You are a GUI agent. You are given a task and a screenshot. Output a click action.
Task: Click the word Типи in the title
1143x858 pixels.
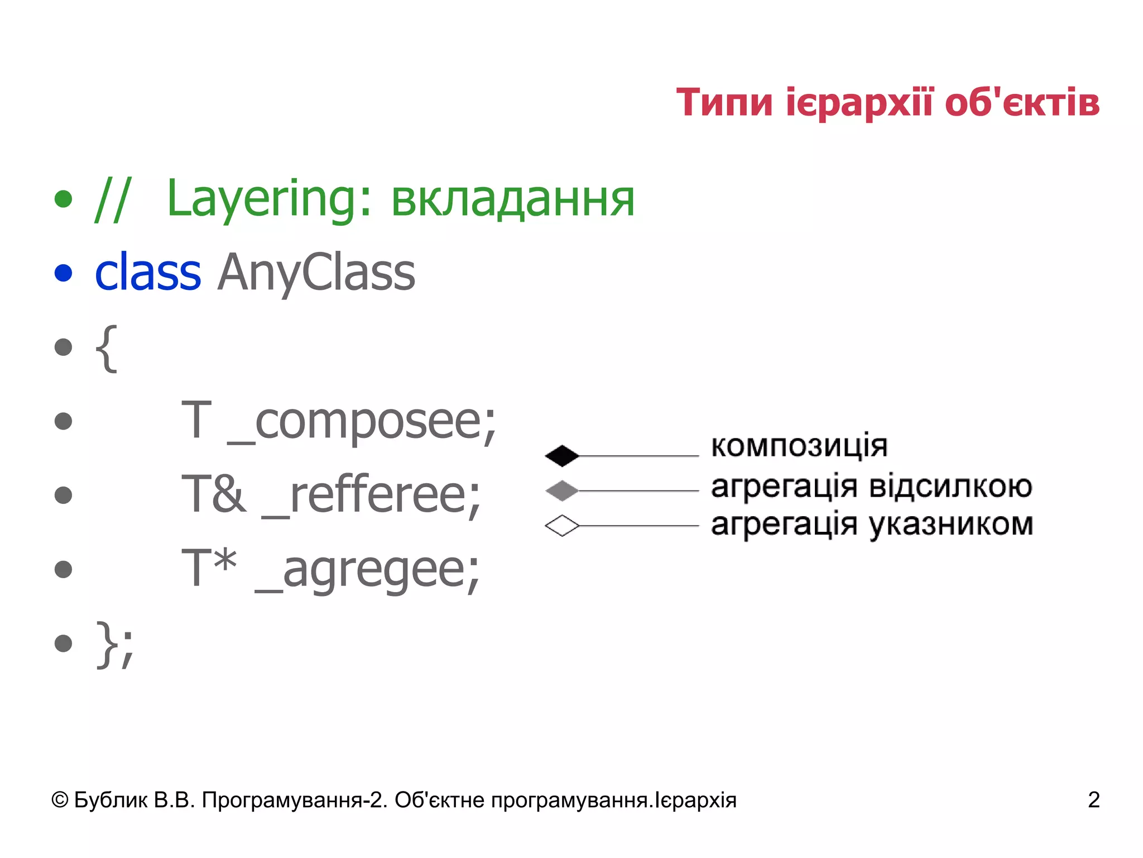click(724, 103)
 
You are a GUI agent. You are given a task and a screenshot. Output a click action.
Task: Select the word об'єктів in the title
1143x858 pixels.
click(1022, 103)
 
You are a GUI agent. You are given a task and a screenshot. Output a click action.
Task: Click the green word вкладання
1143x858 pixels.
click(512, 199)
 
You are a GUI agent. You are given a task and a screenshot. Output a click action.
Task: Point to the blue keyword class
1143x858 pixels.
click(148, 273)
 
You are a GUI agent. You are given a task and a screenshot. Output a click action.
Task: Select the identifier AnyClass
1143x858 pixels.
click(316, 273)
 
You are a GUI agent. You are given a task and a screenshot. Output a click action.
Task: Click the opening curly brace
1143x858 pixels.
click(107, 348)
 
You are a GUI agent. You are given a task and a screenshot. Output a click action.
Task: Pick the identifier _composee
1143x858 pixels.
click(362, 422)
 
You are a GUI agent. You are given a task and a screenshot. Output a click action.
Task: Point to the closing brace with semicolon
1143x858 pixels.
click(115, 644)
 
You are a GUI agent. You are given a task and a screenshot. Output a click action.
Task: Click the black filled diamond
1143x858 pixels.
click(561, 456)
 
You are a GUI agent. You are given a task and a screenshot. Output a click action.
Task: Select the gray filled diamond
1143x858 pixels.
click(561, 490)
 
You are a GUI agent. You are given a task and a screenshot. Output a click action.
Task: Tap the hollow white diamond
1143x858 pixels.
click(561, 526)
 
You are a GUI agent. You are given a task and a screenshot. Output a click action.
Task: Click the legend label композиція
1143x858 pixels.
click(799, 446)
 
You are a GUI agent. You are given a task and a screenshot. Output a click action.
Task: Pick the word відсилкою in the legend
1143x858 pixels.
click(951, 486)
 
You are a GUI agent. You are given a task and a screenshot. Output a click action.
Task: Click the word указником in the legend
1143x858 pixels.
click(951, 525)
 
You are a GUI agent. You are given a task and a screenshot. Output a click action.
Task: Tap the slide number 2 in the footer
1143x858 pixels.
click(1093, 800)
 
